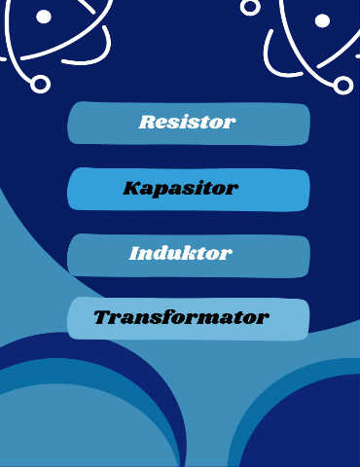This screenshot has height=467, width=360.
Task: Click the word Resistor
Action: (x=187, y=122)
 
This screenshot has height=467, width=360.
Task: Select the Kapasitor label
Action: (x=180, y=189)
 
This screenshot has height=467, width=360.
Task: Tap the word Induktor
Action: (x=180, y=253)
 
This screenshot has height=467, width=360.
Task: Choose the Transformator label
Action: (x=181, y=317)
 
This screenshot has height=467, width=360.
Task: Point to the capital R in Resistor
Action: (x=147, y=122)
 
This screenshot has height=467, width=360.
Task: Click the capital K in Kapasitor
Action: (x=133, y=188)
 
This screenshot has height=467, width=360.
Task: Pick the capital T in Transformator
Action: (x=105, y=317)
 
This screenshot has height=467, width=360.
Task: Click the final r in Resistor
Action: (x=230, y=125)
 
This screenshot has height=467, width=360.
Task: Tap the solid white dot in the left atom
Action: (x=44, y=17)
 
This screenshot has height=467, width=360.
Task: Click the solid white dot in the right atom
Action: (x=322, y=21)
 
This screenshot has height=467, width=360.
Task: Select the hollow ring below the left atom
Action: (x=40, y=84)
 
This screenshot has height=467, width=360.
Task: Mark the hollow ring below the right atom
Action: (x=342, y=86)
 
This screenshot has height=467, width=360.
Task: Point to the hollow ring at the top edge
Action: (x=250, y=6)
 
